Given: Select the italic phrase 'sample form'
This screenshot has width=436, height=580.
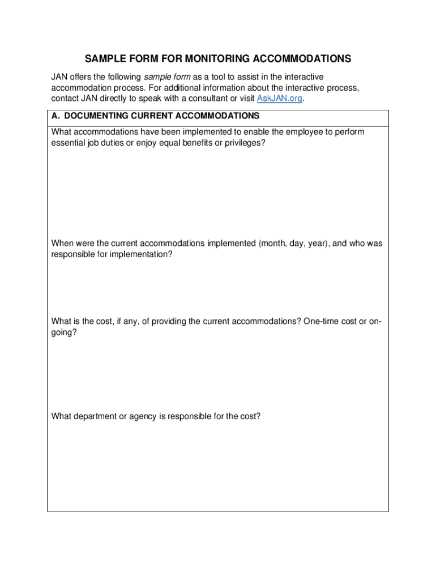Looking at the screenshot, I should tap(168, 76).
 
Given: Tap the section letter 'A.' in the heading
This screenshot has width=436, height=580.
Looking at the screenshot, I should tap(55, 116).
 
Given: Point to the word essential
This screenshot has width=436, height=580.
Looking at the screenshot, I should tap(67, 143).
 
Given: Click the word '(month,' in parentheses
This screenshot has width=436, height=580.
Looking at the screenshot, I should tap(274, 244).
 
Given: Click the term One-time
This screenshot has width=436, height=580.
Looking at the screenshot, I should tap(323, 322).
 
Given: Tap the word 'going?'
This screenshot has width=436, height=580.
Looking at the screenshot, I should tap(64, 332).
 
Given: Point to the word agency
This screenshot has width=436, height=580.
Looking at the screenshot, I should tap(143, 416).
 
